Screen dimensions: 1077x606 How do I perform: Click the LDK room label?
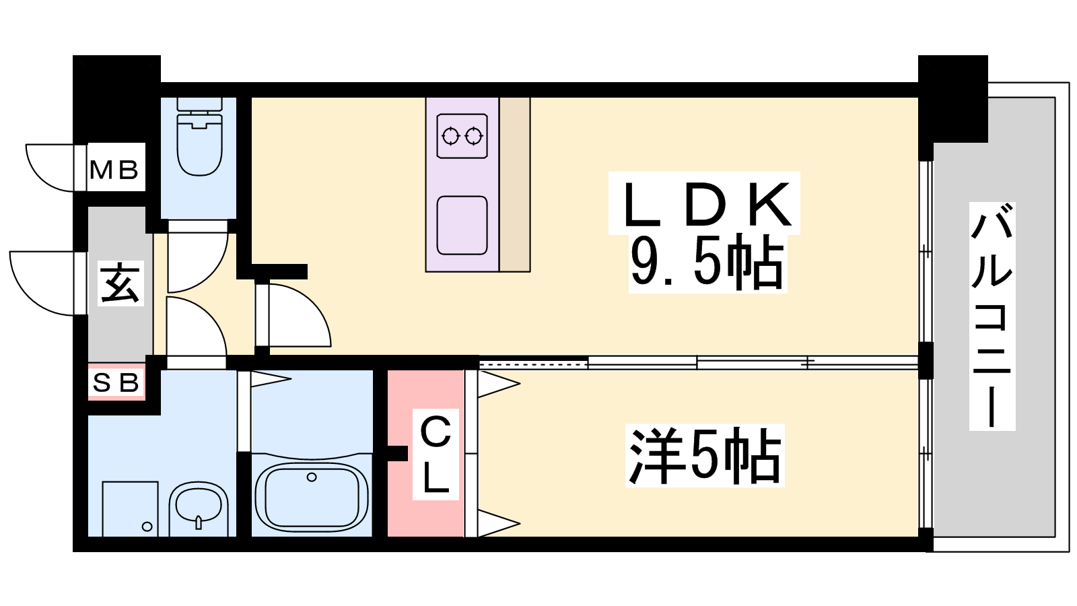point(706,205)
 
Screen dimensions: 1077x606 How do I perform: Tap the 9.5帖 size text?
point(707,263)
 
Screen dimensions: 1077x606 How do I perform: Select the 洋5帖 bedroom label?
point(705,455)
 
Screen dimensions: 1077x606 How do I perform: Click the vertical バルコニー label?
point(992,316)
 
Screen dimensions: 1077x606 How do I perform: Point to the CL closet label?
point(436,455)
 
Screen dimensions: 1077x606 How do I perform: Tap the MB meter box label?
point(114,170)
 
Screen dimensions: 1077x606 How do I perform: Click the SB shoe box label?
point(115,383)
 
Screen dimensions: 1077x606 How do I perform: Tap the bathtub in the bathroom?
point(312,498)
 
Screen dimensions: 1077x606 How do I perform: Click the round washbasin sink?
point(199,508)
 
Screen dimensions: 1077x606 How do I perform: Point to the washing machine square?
point(131,508)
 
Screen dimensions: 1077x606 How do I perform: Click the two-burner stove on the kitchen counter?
point(462,136)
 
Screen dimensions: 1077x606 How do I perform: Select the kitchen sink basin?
point(462,226)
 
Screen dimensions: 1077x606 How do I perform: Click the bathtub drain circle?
point(312,477)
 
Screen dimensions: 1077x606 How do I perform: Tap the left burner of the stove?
point(450,137)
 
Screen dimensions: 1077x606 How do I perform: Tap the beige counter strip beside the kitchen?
point(514,184)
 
